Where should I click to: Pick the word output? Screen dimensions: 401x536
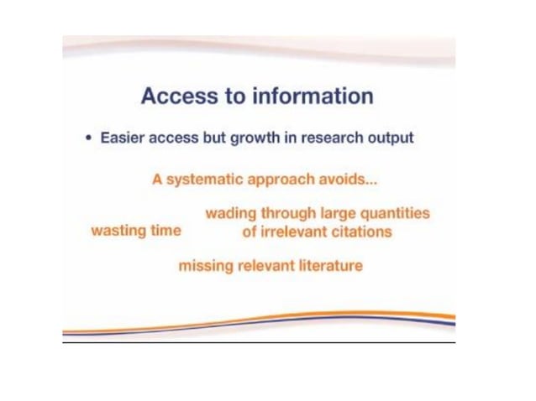pos(390,138)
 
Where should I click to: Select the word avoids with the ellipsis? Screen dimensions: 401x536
pos(346,179)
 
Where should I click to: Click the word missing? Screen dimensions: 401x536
pos(206,266)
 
